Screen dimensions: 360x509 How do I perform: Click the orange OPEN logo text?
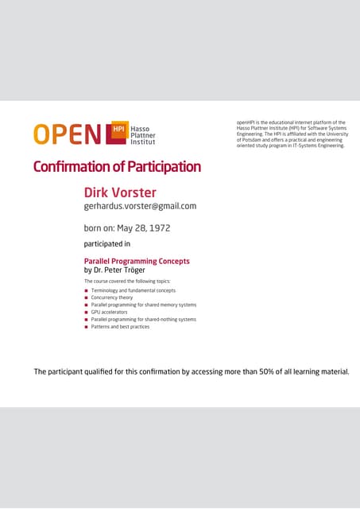(x=68, y=134)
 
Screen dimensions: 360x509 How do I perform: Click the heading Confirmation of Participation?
(x=117, y=167)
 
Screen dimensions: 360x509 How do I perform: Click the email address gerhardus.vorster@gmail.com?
(x=140, y=206)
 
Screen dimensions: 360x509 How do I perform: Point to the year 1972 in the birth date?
(x=157, y=227)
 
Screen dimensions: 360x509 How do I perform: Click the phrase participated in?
(x=106, y=244)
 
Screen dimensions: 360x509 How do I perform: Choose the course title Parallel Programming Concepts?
(x=137, y=260)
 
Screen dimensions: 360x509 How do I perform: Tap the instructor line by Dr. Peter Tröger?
(x=114, y=270)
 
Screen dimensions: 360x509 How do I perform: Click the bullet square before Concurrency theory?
(x=87, y=297)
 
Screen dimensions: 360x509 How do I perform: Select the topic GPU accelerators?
(x=109, y=312)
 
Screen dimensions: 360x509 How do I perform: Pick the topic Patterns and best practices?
(x=120, y=327)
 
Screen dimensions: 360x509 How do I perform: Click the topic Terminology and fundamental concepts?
(x=134, y=290)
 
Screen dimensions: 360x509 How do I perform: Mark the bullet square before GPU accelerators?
(x=87, y=313)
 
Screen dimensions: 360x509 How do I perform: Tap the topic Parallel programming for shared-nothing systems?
(x=143, y=320)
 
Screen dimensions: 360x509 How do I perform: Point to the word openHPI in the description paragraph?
(x=246, y=122)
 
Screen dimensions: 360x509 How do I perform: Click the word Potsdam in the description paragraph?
(x=252, y=141)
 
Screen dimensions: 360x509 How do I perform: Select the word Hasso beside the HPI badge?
(x=140, y=127)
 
